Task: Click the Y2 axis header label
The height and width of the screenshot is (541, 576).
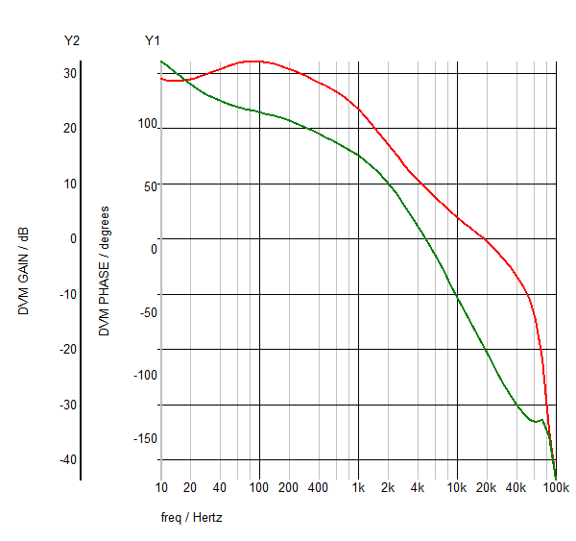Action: (x=71, y=40)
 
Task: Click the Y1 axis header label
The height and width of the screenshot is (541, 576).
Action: (x=153, y=40)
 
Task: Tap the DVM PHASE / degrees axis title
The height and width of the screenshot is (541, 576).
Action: (x=105, y=270)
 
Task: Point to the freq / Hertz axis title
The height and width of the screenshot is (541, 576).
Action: (x=192, y=517)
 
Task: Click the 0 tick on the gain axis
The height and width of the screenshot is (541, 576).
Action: (x=73, y=239)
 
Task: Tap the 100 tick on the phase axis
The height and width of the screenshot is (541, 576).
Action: (x=147, y=123)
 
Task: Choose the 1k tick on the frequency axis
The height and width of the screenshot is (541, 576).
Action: (x=358, y=488)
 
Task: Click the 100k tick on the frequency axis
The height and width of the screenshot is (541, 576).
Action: (x=557, y=488)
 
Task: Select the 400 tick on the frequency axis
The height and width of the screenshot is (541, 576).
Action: (x=318, y=488)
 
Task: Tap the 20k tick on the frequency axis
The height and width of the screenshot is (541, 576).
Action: (x=487, y=488)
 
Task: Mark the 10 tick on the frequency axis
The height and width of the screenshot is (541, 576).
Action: (x=160, y=488)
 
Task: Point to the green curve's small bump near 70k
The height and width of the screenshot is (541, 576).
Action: (x=542, y=419)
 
